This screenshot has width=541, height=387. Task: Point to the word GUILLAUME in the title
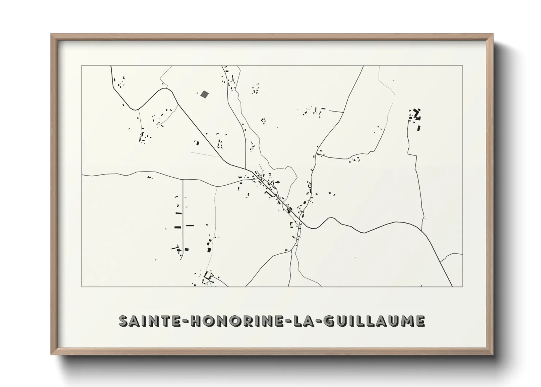pos(374,321)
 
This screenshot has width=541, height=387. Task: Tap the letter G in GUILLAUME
pos(329,321)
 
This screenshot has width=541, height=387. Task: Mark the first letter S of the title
pos(125,321)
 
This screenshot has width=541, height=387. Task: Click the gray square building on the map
pos(204,94)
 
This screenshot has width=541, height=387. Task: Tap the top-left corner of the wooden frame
pos(52,34)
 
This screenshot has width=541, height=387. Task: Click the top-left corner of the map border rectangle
pos(82,66)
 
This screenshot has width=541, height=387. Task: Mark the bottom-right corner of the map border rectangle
pos(463,286)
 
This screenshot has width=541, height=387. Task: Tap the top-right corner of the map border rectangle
pos(463,66)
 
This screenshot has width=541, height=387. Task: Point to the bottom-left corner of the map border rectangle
pos(82,286)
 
